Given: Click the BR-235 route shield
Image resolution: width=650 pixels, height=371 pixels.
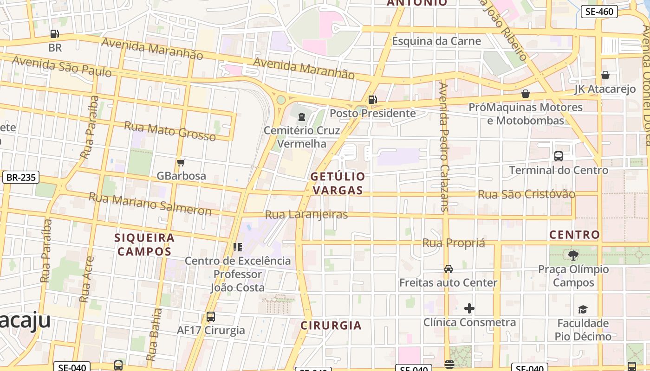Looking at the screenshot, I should coord(21,177).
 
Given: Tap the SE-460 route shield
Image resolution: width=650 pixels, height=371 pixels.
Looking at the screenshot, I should coord(599,12).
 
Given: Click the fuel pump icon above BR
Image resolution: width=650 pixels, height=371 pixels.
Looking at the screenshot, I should coord(54,34).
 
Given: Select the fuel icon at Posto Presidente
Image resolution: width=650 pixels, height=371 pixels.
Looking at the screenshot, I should coord(372,100).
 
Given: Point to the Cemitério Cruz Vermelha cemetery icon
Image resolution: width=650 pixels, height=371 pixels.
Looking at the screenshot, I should coord(302,117).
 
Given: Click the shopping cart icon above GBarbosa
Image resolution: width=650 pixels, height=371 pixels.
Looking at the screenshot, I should coord(181,162).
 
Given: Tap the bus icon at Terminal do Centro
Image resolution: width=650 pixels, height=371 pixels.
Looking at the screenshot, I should coord(559,156).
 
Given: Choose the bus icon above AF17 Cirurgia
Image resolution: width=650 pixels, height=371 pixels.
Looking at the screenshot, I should coord(211,317).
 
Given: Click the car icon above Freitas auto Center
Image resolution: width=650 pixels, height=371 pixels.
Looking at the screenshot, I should coord(448,269).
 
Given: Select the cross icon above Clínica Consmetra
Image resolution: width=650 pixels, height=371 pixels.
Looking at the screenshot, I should coord(469,308).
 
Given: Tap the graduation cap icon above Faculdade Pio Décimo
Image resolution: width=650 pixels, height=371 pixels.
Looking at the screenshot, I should coord(583,309).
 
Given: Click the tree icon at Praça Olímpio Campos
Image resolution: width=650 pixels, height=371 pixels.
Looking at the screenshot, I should coord(573,255).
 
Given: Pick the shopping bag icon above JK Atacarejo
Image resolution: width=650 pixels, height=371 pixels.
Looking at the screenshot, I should coord(605,75).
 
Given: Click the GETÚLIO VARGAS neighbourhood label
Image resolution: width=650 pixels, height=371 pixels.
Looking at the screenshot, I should coord(338,183).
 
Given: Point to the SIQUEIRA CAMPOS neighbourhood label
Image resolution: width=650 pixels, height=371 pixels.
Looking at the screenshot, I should coord(144,244).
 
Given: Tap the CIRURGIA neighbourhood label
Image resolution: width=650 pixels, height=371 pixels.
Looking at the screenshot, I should coord(331,326).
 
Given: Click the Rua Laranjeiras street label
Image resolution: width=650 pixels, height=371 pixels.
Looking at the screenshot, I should coord(306,215).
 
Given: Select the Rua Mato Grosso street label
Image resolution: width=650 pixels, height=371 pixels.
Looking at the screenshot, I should coord(170,131).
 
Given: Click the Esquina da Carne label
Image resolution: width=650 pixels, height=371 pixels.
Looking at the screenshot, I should coord(436,41).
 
